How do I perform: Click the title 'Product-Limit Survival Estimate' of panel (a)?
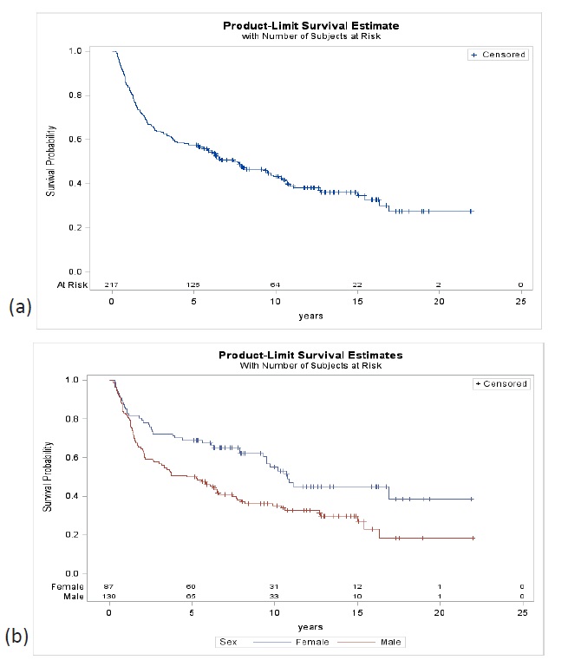(x=310, y=26)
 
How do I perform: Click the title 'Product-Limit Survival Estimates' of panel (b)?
(x=310, y=356)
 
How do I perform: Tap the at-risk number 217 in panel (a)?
(x=111, y=284)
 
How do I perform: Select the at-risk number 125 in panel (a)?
(x=193, y=284)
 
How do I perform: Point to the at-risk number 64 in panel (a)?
(x=275, y=284)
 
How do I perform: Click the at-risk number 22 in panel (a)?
(x=356, y=284)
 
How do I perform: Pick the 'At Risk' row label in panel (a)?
(x=82, y=284)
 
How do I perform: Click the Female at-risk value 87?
(x=108, y=586)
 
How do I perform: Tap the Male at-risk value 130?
(x=108, y=597)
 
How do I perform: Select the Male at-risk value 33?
(x=274, y=597)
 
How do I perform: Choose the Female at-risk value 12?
(x=356, y=586)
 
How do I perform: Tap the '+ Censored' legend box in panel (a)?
(x=497, y=55)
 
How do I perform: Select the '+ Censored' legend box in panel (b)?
(x=499, y=383)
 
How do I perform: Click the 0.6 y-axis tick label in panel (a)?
(x=86, y=139)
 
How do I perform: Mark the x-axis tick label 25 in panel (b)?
(x=521, y=612)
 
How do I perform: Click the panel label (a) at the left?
(x=20, y=307)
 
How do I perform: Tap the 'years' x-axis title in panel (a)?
(x=310, y=316)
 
